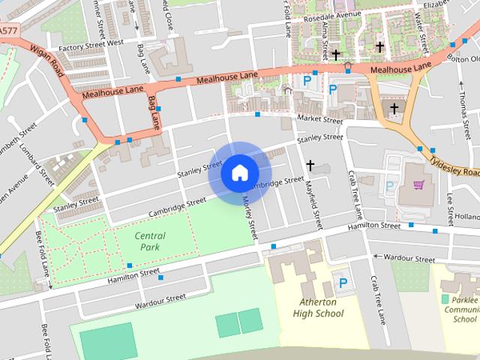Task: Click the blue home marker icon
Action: (x=239, y=173)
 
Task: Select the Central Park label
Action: (x=150, y=241)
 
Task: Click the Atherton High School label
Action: (x=318, y=307)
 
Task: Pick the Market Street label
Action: (x=319, y=120)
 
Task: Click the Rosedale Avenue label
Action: (x=327, y=14)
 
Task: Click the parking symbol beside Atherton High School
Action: (x=343, y=283)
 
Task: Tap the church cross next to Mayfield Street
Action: (x=310, y=165)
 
